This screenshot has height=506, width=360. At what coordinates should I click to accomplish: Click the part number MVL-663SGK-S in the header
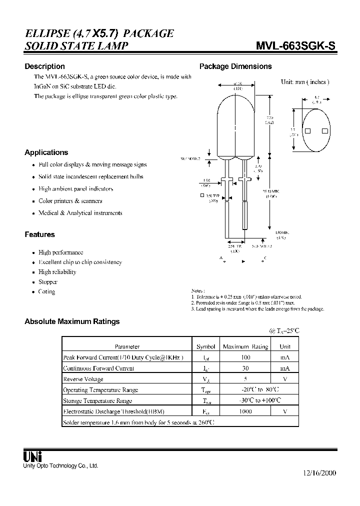[295, 46]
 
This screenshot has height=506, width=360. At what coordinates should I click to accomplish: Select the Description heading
[44, 66]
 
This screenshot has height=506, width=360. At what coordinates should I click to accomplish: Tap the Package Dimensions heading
[235, 66]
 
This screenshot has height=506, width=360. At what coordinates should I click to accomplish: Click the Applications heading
[46, 152]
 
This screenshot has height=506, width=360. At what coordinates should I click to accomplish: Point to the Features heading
[39, 234]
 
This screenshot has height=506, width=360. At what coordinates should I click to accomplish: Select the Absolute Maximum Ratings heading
[72, 321]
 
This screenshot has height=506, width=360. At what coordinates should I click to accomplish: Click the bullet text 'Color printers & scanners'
[70, 201]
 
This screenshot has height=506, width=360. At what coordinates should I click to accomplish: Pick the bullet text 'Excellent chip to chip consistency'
[80, 262]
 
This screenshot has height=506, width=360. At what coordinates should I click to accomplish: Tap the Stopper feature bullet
[48, 282]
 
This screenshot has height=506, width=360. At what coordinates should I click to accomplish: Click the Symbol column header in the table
[205, 346]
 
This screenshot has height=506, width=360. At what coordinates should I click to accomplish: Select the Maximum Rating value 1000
[245, 411]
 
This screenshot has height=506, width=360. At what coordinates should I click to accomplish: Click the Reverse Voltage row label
[83, 379]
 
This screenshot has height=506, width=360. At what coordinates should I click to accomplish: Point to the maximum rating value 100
[245, 357]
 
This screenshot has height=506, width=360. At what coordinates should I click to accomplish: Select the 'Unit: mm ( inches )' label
[305, 82]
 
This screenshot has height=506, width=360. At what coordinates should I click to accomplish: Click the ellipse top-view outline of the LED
[316, 130]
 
